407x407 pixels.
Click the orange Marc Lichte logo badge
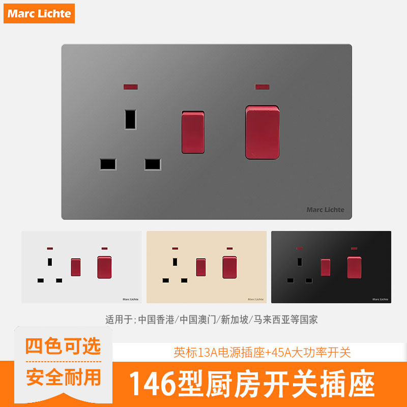pos(39,13)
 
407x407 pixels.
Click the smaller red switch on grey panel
pos(193,131)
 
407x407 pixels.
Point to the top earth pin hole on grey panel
pos(131,119)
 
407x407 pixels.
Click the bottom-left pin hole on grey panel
pos(108,164)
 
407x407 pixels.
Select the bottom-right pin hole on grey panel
pos(153,164)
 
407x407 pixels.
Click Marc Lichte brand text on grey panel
pos(325,210)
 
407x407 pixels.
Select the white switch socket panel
pos(81,267)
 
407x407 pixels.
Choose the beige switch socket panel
pos(207,267)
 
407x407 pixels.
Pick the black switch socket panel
pos(331,267)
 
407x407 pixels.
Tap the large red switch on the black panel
pos(354,267)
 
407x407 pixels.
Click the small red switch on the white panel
pos(75,266)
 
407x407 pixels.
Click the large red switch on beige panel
pos(229,267)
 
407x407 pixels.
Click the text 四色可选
pos(63,346)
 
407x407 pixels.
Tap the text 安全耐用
pos(63,377)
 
